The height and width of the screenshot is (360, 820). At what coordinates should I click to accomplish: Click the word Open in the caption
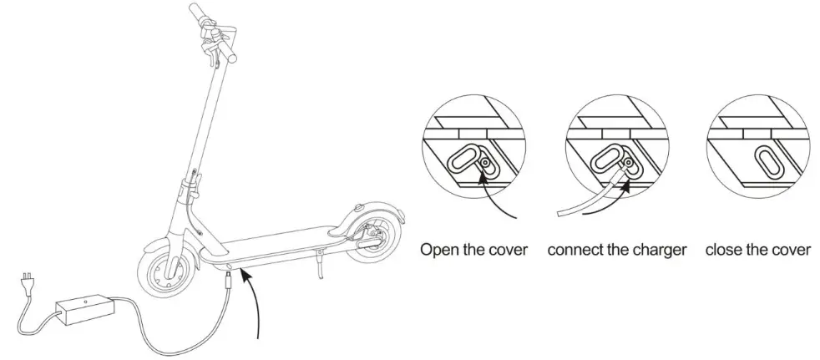click(x=438, y=250)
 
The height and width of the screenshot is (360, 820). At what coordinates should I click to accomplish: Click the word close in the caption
click(x=723, y=250)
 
